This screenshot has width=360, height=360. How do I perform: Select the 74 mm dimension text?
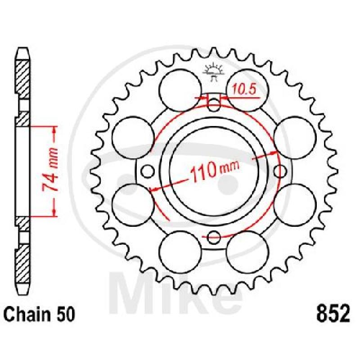50,171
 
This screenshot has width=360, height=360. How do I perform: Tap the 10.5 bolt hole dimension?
244,89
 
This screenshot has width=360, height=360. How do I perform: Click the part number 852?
333,313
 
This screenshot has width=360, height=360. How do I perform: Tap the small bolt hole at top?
213,105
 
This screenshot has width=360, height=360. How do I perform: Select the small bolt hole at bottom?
213,238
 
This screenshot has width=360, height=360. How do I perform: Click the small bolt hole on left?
147,171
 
